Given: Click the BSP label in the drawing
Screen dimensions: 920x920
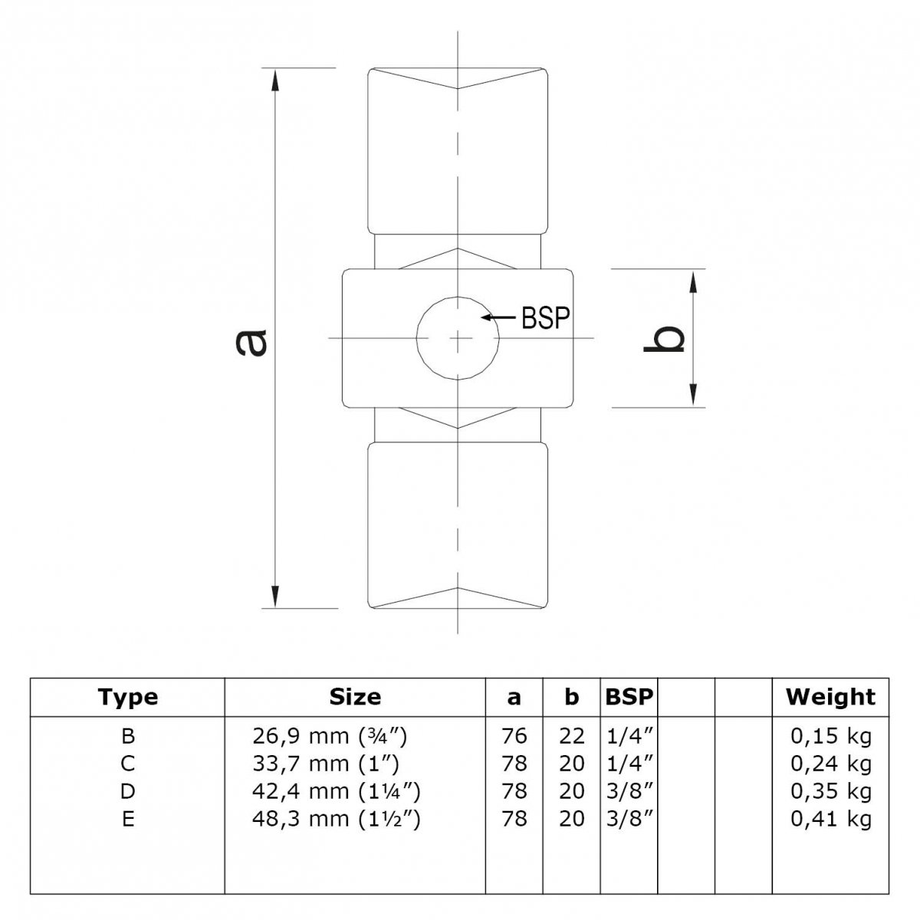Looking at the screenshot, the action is [x=546, y=318].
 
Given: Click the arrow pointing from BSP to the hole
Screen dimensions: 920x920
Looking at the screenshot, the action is [x=499, y=317].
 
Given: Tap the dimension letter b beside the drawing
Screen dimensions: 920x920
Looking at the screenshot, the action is [x=665, y=339].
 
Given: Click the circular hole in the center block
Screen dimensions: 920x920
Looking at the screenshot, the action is [x=458, y=338].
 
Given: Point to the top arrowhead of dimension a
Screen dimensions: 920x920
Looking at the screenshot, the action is [x=274, y=80].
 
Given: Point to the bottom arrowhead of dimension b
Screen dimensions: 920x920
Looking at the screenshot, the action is [x=694, y=396].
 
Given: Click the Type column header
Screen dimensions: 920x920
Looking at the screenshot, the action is [x=128, y=698].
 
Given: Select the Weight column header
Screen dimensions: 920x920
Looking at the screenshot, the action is [x=831, y=698].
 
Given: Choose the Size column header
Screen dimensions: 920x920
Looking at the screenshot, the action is [x=355, y=698].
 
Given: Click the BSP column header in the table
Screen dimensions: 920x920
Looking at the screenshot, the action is [x=629, y=698].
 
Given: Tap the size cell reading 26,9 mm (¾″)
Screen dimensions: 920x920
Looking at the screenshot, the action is [x=330, y=736].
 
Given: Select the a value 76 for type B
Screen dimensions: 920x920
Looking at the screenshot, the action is [x=514, y=736].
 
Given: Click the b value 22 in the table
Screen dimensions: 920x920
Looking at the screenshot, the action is [x=571, y=736].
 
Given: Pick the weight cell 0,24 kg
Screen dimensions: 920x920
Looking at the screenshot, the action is [x=831, y=764].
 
